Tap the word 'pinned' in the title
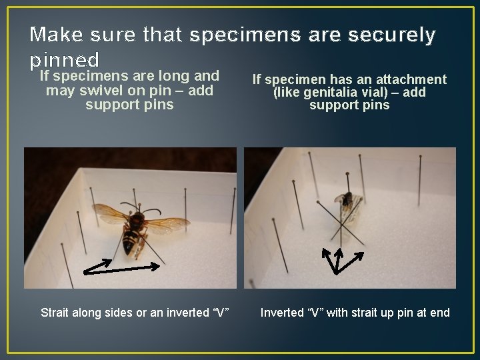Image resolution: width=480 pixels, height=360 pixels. tap(65, 59)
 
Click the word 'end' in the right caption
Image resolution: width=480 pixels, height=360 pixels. tap(439, 312)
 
